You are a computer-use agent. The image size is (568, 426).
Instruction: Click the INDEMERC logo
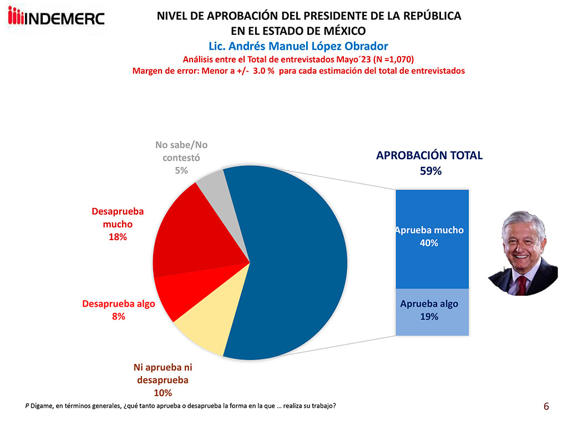click(56, 18)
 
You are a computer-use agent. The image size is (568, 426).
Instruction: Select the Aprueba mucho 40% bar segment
click(432, 239)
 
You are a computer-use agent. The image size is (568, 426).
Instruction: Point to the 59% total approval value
click(430, 171)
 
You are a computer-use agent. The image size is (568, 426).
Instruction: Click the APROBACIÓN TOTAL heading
click(429, 156)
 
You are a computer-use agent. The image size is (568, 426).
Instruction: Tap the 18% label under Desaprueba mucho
click(118, 237)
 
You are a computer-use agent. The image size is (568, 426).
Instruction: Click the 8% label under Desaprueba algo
click(118, 317)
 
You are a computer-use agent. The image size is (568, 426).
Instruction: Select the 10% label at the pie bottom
click(162, 394)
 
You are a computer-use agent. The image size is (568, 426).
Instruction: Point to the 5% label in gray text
click(181, 171)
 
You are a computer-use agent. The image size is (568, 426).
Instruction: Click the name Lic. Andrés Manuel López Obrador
click(298, 45)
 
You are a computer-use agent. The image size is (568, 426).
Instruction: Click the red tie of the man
click(521, 285)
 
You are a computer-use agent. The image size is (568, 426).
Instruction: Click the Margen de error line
click(298, 70)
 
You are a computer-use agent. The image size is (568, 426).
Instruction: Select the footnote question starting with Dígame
click(180, 405)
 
